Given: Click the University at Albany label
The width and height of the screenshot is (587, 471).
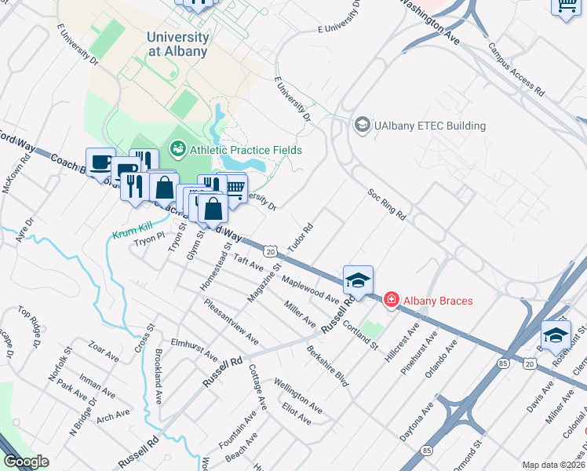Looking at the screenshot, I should pos(178,44).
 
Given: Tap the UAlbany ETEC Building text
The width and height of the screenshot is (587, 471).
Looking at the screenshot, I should pos(429,126).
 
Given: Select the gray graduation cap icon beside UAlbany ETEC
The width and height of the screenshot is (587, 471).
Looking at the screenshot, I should pos(362,125).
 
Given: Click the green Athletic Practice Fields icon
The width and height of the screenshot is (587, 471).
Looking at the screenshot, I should pos(177,148).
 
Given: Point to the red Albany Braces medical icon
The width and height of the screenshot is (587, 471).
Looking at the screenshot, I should pos(390,300).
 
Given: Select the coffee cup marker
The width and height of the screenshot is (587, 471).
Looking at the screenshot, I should pos(100,162).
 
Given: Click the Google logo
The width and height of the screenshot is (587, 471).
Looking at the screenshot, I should pos(27,461).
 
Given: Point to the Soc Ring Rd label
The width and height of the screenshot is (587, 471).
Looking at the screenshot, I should pos(388,204).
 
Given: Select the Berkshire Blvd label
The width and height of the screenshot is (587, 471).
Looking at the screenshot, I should pos(327,366).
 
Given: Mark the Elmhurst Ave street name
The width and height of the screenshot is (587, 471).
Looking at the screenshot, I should pos(194,349).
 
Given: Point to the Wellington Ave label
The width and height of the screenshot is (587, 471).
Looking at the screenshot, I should pos(297,396).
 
